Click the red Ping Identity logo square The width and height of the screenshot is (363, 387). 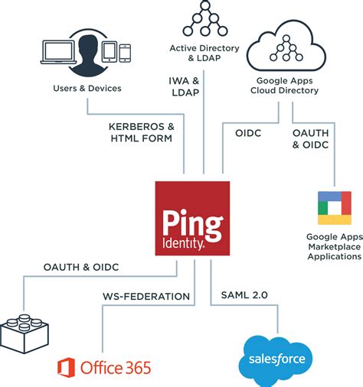click(x=192, y=217)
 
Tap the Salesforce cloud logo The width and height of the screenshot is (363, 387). click(x=276, y=358)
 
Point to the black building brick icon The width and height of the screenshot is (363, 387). click(x=24, y=325)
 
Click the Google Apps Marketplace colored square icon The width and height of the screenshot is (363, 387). click(x=334, y=208)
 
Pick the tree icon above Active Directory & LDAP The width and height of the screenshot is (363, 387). click(x=204, y=19)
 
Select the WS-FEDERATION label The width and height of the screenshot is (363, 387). click(x=146, y=295)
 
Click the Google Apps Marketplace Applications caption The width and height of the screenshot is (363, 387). click(x=333, y=246)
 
